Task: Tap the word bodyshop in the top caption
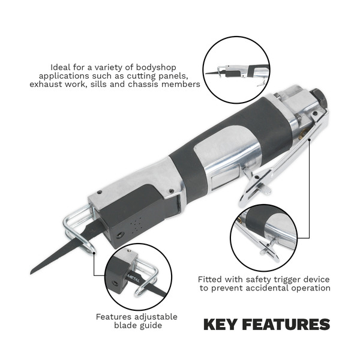tap(156, 67)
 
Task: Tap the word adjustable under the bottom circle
tap(156, 317)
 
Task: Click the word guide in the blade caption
tap(151, 326)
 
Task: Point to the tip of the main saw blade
tap(31, 273)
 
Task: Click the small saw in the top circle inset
tap(237, 73)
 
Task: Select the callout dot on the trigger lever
tap(310, 139)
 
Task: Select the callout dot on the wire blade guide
tap(94, 253)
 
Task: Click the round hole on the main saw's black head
tap(119, 235)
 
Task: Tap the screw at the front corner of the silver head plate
tap(99, 193)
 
